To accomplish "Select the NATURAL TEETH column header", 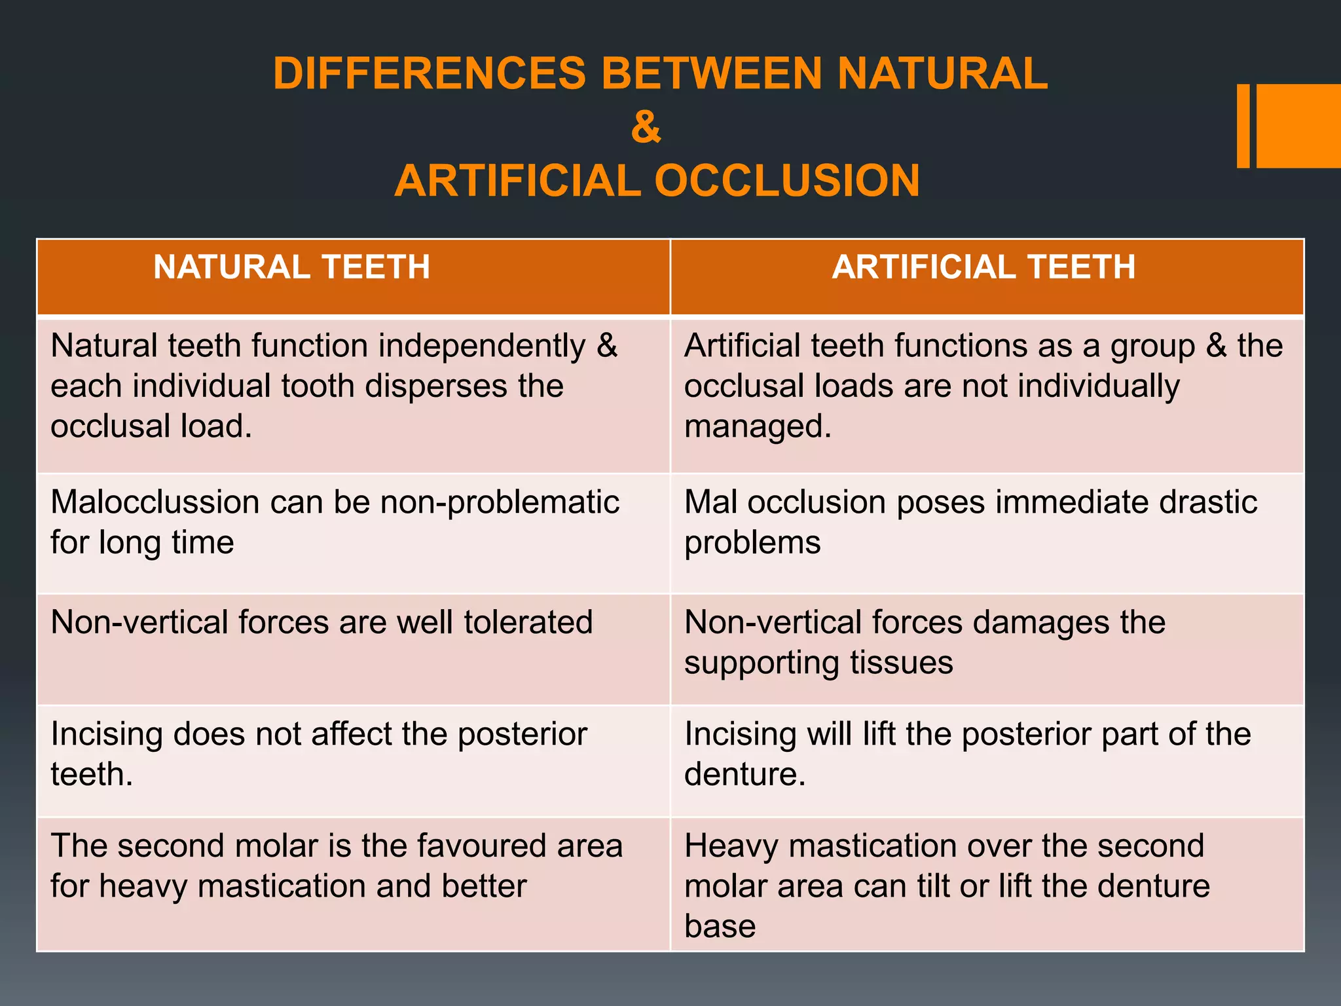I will point(291,267).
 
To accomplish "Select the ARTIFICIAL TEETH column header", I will point(983,267).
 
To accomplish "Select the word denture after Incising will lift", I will point(744,774).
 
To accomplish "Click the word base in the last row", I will point(720,926).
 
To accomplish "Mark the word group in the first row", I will point(1152,346).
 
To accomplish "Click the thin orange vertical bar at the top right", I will point(1243,126).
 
